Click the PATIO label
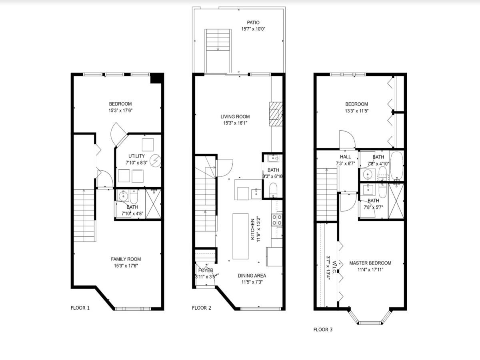point(253,23)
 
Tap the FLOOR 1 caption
point(80,308)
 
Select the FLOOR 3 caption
point(322,330)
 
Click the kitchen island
point(241,236)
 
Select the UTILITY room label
point(136,156)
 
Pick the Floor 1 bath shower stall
point(153,204)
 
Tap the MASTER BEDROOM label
point(370,263)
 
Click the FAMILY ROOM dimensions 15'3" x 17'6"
point(126,265)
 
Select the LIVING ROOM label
point(235,117)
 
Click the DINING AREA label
point(252,276)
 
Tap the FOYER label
point(206,271)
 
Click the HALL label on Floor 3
point(345,157)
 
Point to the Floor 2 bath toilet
point(273,190)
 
